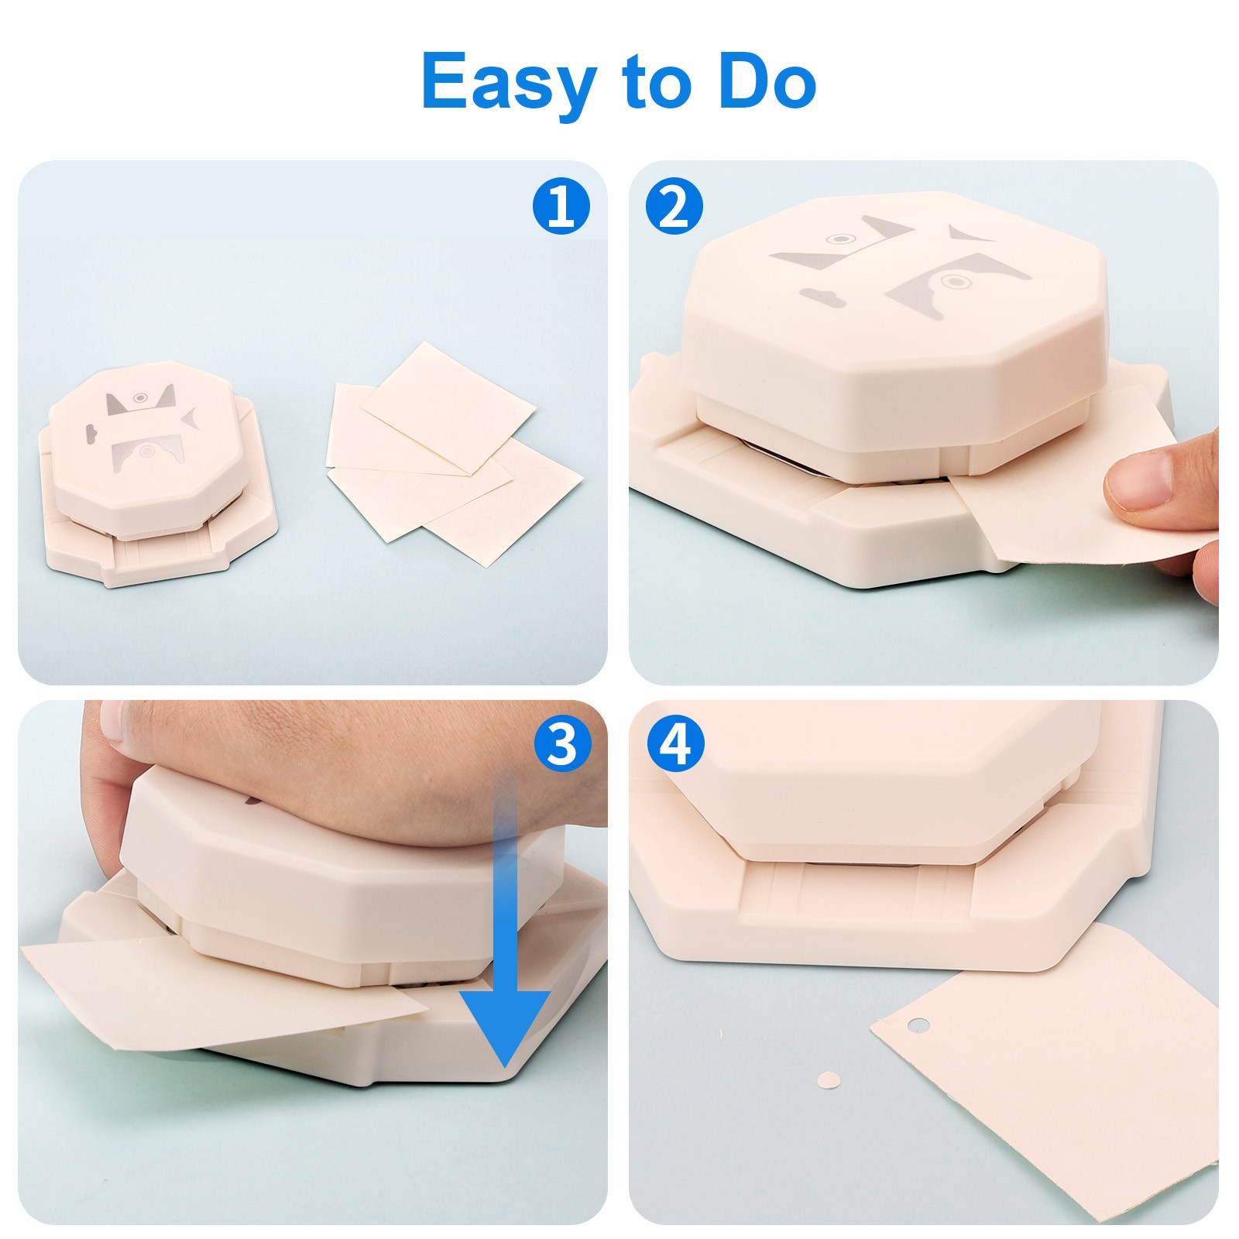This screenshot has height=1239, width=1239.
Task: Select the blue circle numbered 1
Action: coord(561,207)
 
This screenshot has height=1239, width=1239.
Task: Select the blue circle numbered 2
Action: coord(674,207)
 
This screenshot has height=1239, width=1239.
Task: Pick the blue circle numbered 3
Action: coord(561,745)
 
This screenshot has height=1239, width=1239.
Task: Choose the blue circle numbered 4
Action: coord(674,745)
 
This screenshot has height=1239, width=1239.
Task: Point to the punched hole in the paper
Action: coord(918,1025)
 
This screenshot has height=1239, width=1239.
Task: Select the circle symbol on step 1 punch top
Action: coord(140,397)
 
